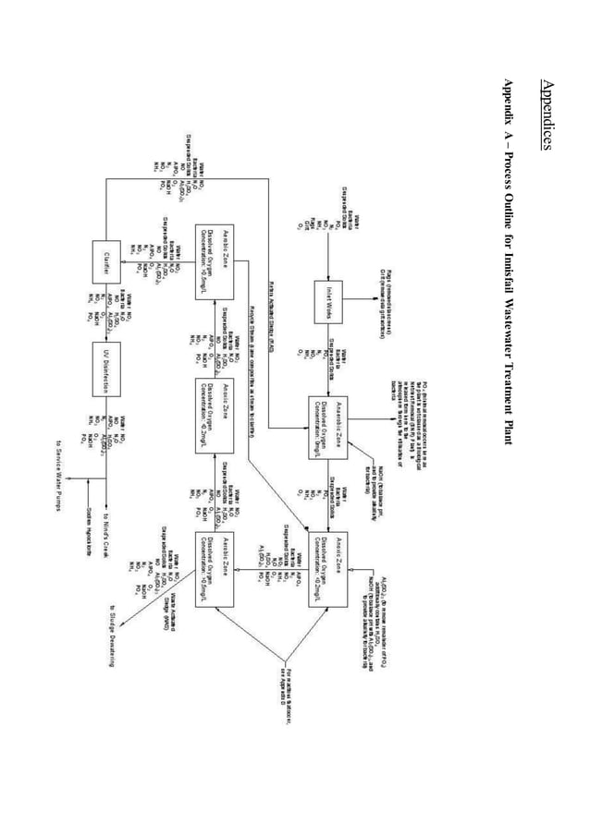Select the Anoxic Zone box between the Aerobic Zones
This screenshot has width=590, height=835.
point(221,414)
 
